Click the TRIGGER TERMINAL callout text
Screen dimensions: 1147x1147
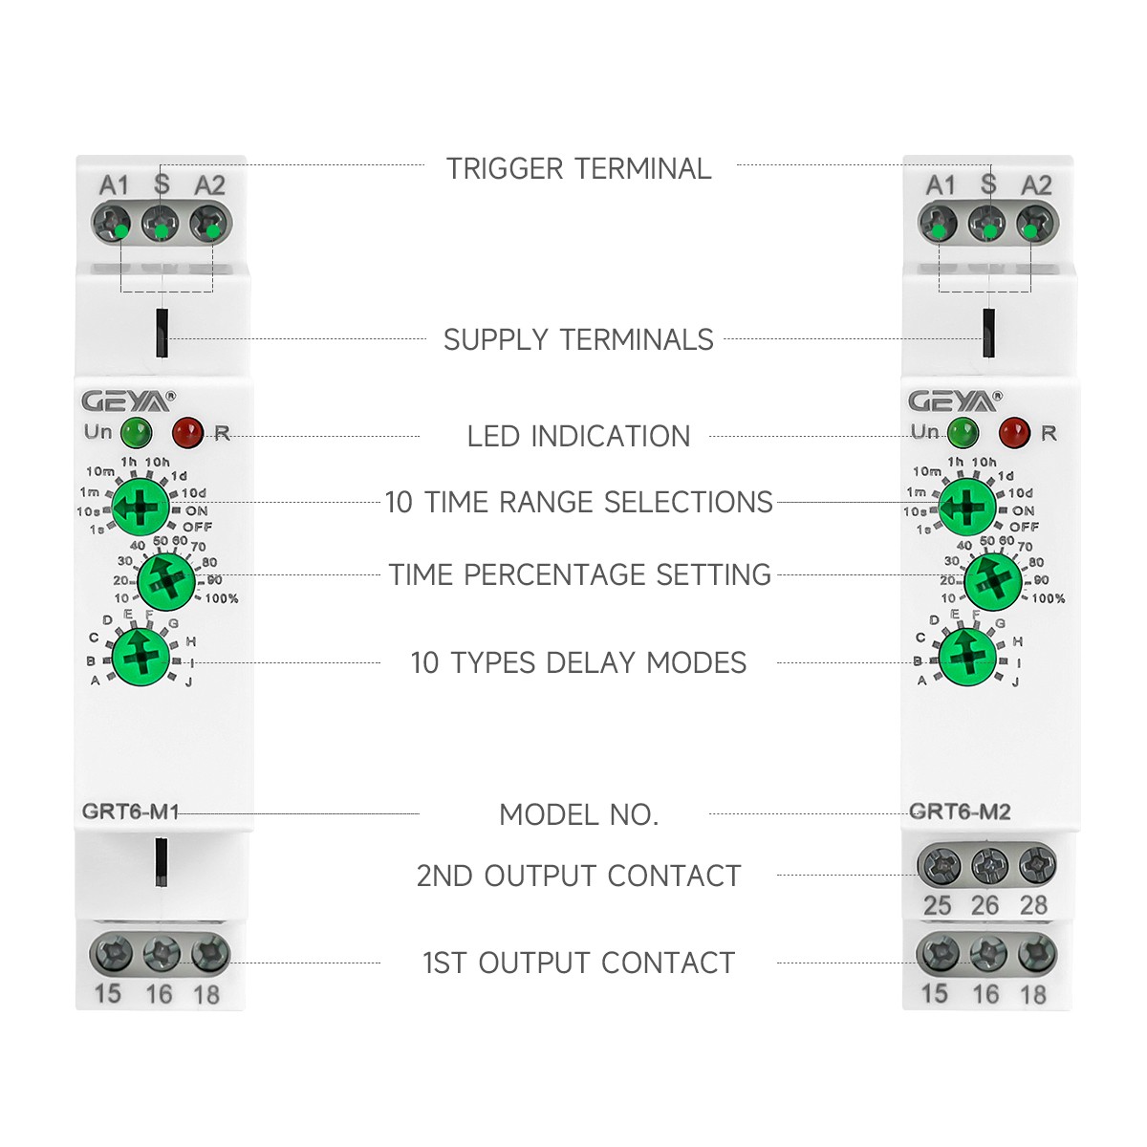(x=578, y=169)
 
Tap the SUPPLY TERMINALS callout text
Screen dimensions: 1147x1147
(x=578, y=340)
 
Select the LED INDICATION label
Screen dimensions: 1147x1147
(x=578, y=437)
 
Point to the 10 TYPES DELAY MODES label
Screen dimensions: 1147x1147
(x=578, y=663)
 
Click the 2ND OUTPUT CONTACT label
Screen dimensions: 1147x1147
(x=578, y=876)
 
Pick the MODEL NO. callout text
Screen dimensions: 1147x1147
(x=578, y=815)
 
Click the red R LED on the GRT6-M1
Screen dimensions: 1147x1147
(x=187, y=432)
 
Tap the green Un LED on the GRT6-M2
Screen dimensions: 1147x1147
(x=963, y=432)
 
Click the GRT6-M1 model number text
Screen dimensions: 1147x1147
(x=130, y=812)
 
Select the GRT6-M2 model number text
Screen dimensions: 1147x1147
(x=960, y=812)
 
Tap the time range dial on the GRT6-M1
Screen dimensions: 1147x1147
(x=141, y=508)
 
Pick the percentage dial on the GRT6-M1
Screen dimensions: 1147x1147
(x=166, y=580)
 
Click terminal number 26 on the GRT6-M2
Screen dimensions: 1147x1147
(x=985, y=905)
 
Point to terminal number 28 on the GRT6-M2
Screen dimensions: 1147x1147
(x=1033, y=905)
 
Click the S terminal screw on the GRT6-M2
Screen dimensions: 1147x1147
(x=987, y=227)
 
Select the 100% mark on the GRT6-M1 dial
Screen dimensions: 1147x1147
(x=222, y=599)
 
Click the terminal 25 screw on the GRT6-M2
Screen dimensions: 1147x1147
(x=940, y=867)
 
